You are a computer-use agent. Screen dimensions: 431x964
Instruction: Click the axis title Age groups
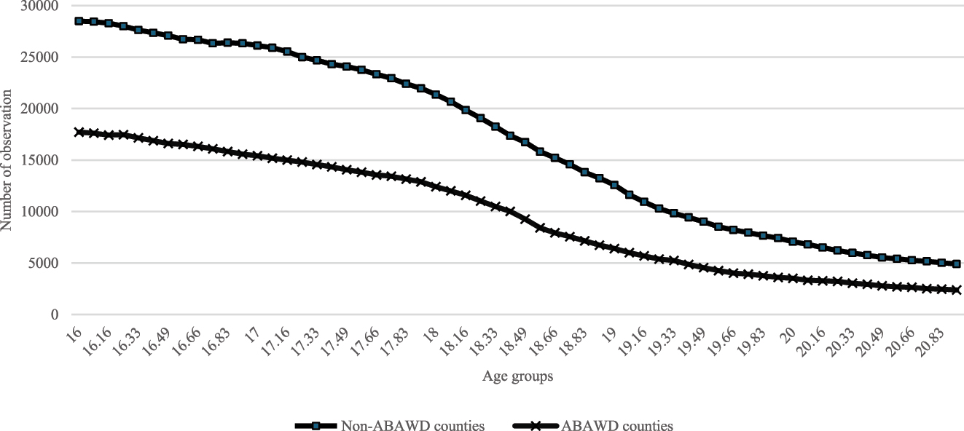pyautogui.click(x=517, y=377)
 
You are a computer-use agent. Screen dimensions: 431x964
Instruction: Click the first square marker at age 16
pyautogui.click(x=79, y=21)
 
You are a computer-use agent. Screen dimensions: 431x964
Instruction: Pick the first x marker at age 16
pyautogui.click(x=79, y=133)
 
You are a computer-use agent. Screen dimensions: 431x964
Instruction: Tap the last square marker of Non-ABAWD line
pyautogui.click(x=957, y=264)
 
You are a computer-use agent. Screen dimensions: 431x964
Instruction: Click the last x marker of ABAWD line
pyautogui.click(x=957, y=290)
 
